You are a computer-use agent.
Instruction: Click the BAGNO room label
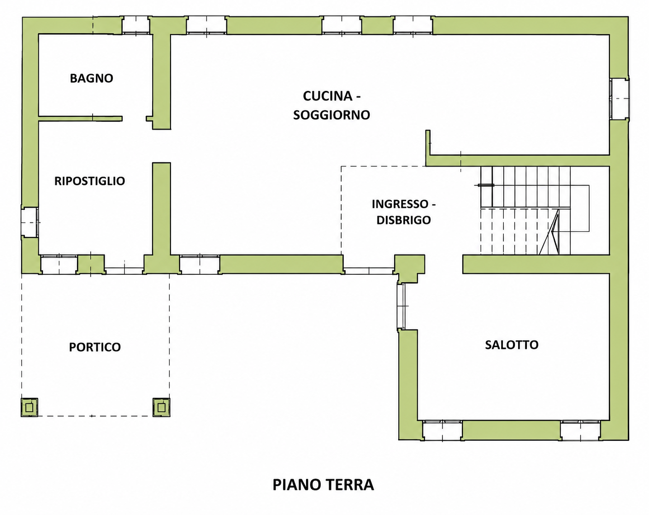pyautogui.click(x=91, y=78)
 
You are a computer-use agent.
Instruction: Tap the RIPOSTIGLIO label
pyautogui.click(x=89, y=181)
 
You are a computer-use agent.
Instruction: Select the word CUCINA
pyautogui.click(x=328, y=96)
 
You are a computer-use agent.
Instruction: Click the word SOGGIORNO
pyautogui.click(x=331, y=115)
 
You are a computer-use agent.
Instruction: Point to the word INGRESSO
pyautogui.click(x=400, y=204)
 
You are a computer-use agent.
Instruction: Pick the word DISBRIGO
pyautogui.click(x=403, y=220)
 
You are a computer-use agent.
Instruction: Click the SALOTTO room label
pyautogui.click(x=512, y=345)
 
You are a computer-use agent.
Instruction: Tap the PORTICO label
pyautogui.click(x=94, y=347)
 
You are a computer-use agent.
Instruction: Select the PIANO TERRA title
pyautogui.click(x=323, y=485)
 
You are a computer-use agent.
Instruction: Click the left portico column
pyautogui.click(x=29, y=407)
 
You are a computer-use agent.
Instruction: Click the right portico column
pyautogui.click(x=161, y=407)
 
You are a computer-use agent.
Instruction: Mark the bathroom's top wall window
pyautogui.click(x=136, y=25)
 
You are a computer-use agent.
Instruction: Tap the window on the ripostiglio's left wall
pyautogui.click(x=29, y=222)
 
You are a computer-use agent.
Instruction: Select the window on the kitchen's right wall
pyautogui.click(x=619, y=99)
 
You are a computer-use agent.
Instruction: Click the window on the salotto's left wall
pyautogui.click(x=401, y=306)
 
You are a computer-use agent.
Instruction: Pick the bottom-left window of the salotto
pyautogui.click(x=442, y=430)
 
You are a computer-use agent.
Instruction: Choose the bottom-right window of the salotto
pyautogui.click(x=580, y=430)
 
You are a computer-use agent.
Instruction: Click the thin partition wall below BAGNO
pyautogui.click(x=80, y=118)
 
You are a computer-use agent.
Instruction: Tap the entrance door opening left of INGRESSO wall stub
pyautogui.click(x=369, y=271)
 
